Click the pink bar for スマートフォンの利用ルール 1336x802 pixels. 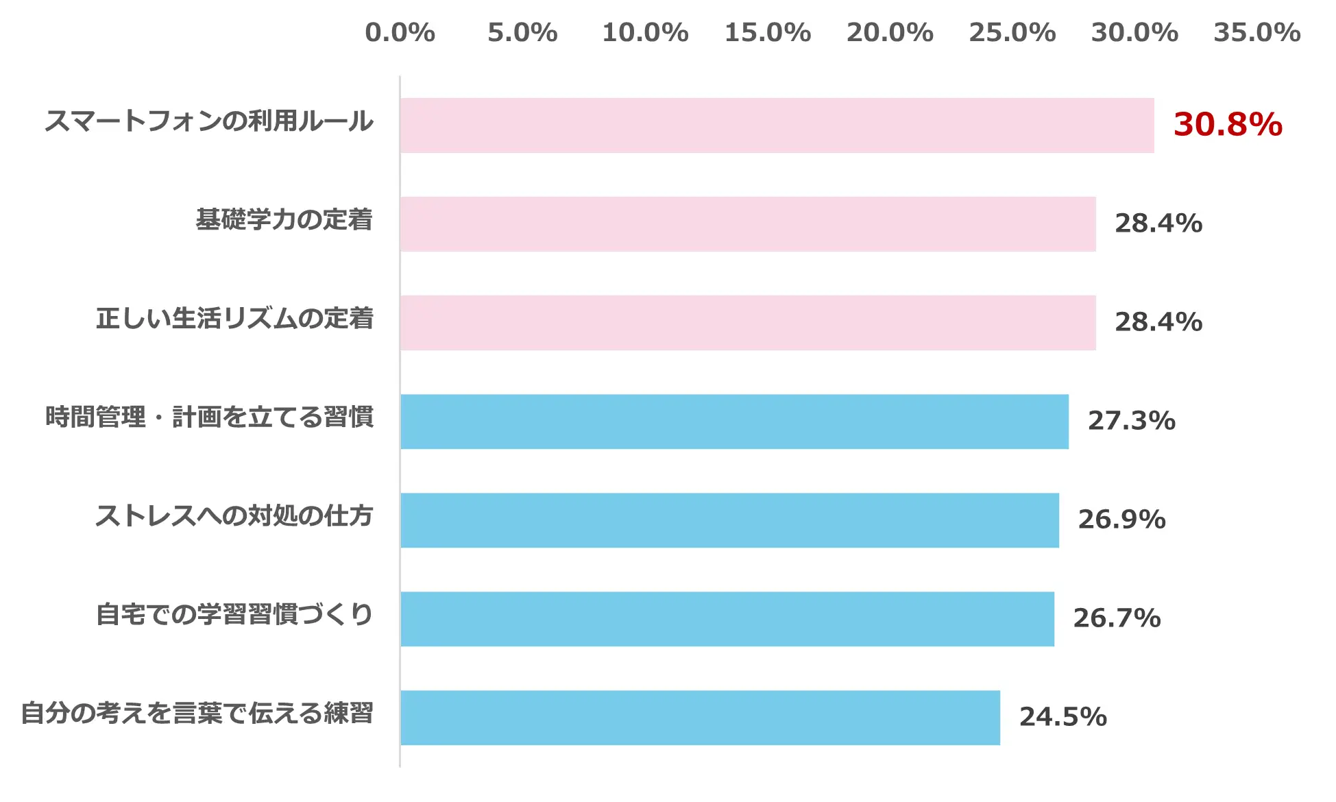tap(777, 125)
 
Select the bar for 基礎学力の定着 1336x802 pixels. tap(748, 224)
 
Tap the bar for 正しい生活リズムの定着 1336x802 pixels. tap(748, 323)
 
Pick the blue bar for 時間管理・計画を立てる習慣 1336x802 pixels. tap(734, 422)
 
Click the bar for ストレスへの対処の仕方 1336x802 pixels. tap(729, 520)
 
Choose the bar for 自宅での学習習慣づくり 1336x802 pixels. tap(727, 619)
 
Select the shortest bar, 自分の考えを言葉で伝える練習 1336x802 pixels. tap(700, 718)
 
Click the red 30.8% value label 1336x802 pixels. tap(1227, 125)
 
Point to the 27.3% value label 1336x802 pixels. tap(1131, 421)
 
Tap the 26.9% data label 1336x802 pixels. tap(1121, 520)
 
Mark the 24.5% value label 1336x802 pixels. tap(1062, 717)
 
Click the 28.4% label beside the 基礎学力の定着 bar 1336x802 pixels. tap(1158, 223)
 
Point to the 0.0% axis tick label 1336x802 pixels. tap(400, 33)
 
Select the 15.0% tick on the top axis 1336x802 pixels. tap(767, 33)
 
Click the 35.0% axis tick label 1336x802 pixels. tap(1256, 33)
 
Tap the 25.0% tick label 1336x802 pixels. tap(1012, 33)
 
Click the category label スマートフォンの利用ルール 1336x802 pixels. tap(209, 121)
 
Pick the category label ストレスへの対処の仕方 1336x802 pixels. tap(234, 515)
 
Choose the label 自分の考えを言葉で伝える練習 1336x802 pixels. tap(197, 713)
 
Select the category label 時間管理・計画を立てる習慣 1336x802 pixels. tap(209, 417)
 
